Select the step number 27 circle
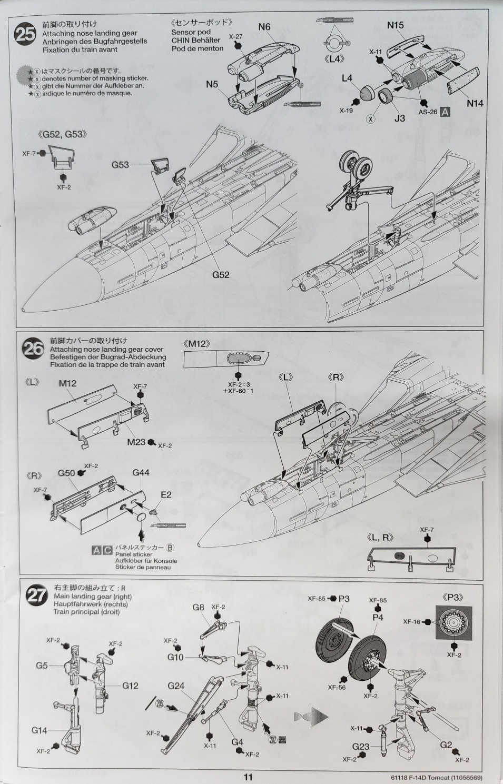tap(38, 595)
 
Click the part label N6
tap(264, 27)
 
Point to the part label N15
tap(395, 25)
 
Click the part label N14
tap(475, 103)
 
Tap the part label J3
tap(400, 118)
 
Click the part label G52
tap(221, 274)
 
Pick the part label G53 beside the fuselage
tap(120, 165)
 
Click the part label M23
tap(136, 442)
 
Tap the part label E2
tap(166, 494)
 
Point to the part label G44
tap(141, 472)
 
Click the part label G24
tap(176, 686)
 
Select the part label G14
tap(40, 730)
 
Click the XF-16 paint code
tap(412, 622)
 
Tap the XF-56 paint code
tap(336, 687)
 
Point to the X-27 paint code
tap(235, 37)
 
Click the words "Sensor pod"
tap(191, 32)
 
